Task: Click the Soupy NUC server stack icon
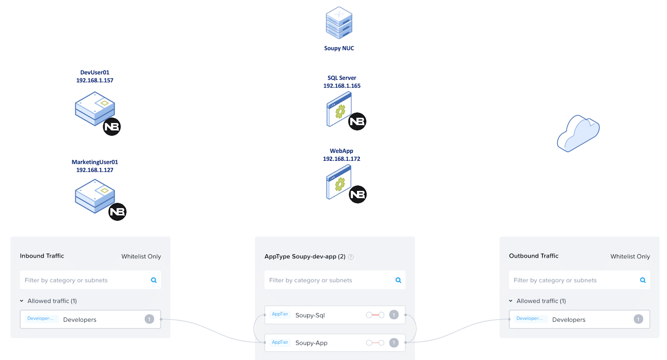click(339, 23)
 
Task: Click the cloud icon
click(578, 133)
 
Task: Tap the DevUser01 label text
click(95, 72)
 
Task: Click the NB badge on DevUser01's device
click(112, 127)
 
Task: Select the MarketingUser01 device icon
click(95, 196)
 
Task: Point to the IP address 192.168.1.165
click(342, 86)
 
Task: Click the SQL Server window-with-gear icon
click(339, 109)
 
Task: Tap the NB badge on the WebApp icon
click(357, 195)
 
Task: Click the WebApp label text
click(341, 151)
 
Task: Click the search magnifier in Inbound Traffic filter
click(154, 280)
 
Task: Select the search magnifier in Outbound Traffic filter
click(643, 280)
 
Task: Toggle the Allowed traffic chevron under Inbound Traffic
click(22, 301)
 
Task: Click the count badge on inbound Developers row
click(149, 319)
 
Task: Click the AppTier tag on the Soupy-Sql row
click(280, 314)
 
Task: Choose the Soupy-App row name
click(311, 343)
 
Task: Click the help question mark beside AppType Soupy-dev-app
click(351, 257)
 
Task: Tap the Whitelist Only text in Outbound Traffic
click(630, 256)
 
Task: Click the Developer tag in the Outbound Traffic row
click(529, 318)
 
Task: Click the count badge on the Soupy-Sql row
click(394, 315)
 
